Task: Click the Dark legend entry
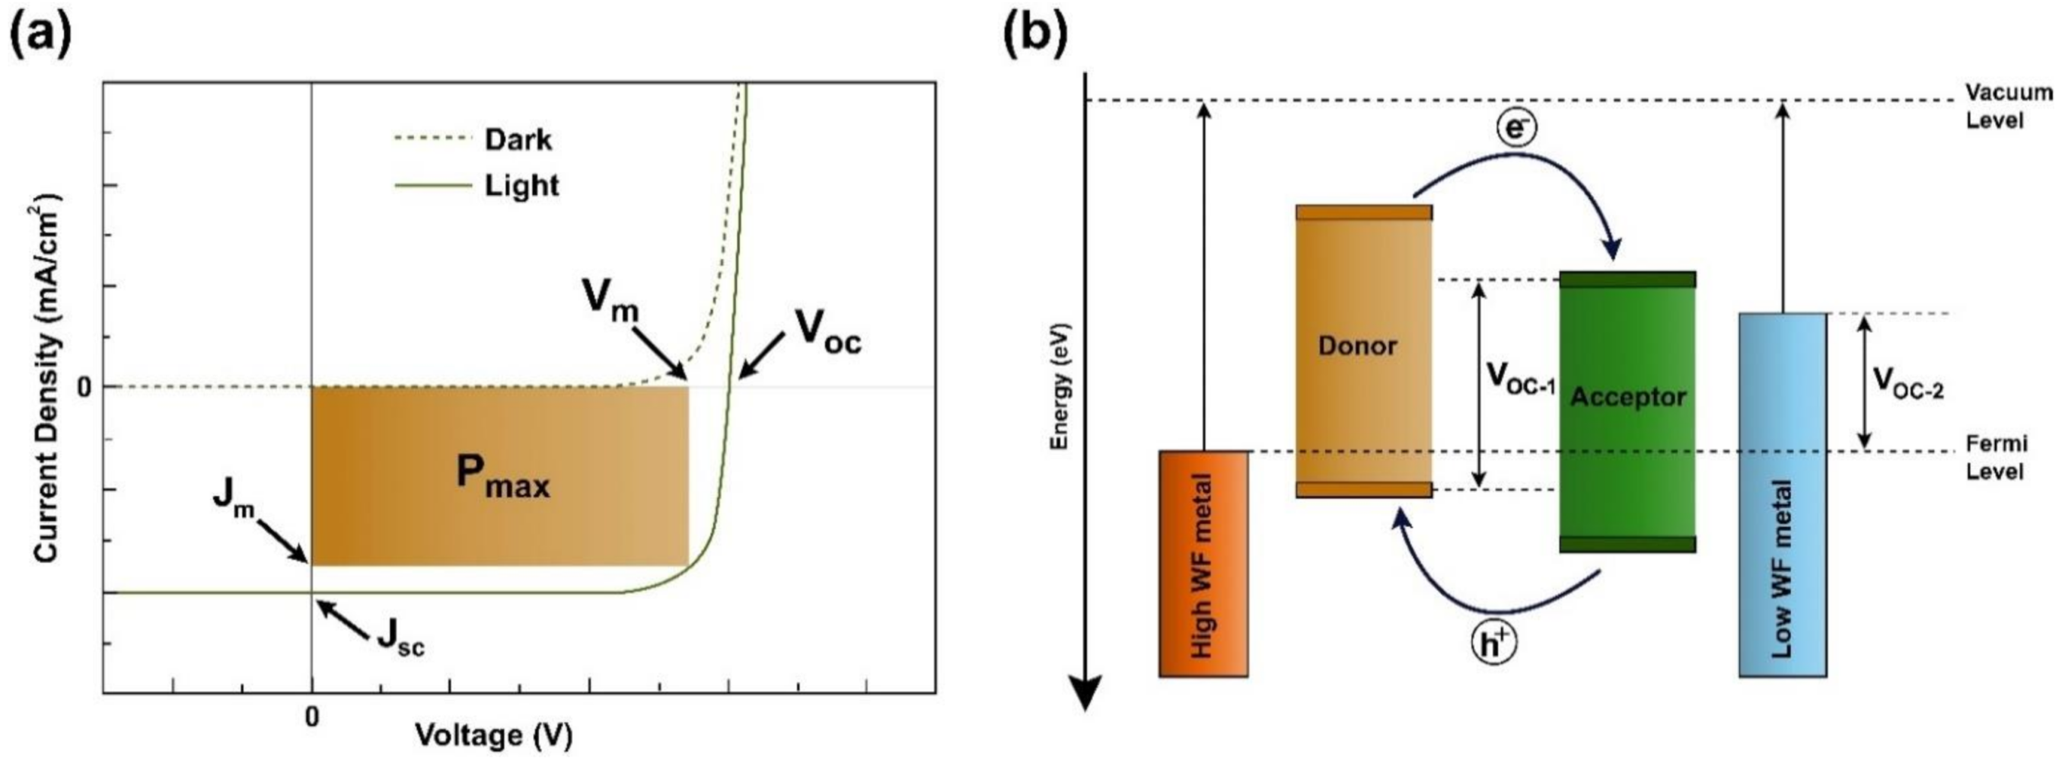coord(517,139)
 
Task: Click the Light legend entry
coord(521,186)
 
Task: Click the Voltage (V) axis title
coord(493,735)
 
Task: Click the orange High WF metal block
coord(1203,564)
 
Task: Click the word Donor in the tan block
coord(1358,346)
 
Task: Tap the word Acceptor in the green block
coord(1627,397)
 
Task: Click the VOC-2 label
coord(1908,384)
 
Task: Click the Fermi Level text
coord(1994,457)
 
